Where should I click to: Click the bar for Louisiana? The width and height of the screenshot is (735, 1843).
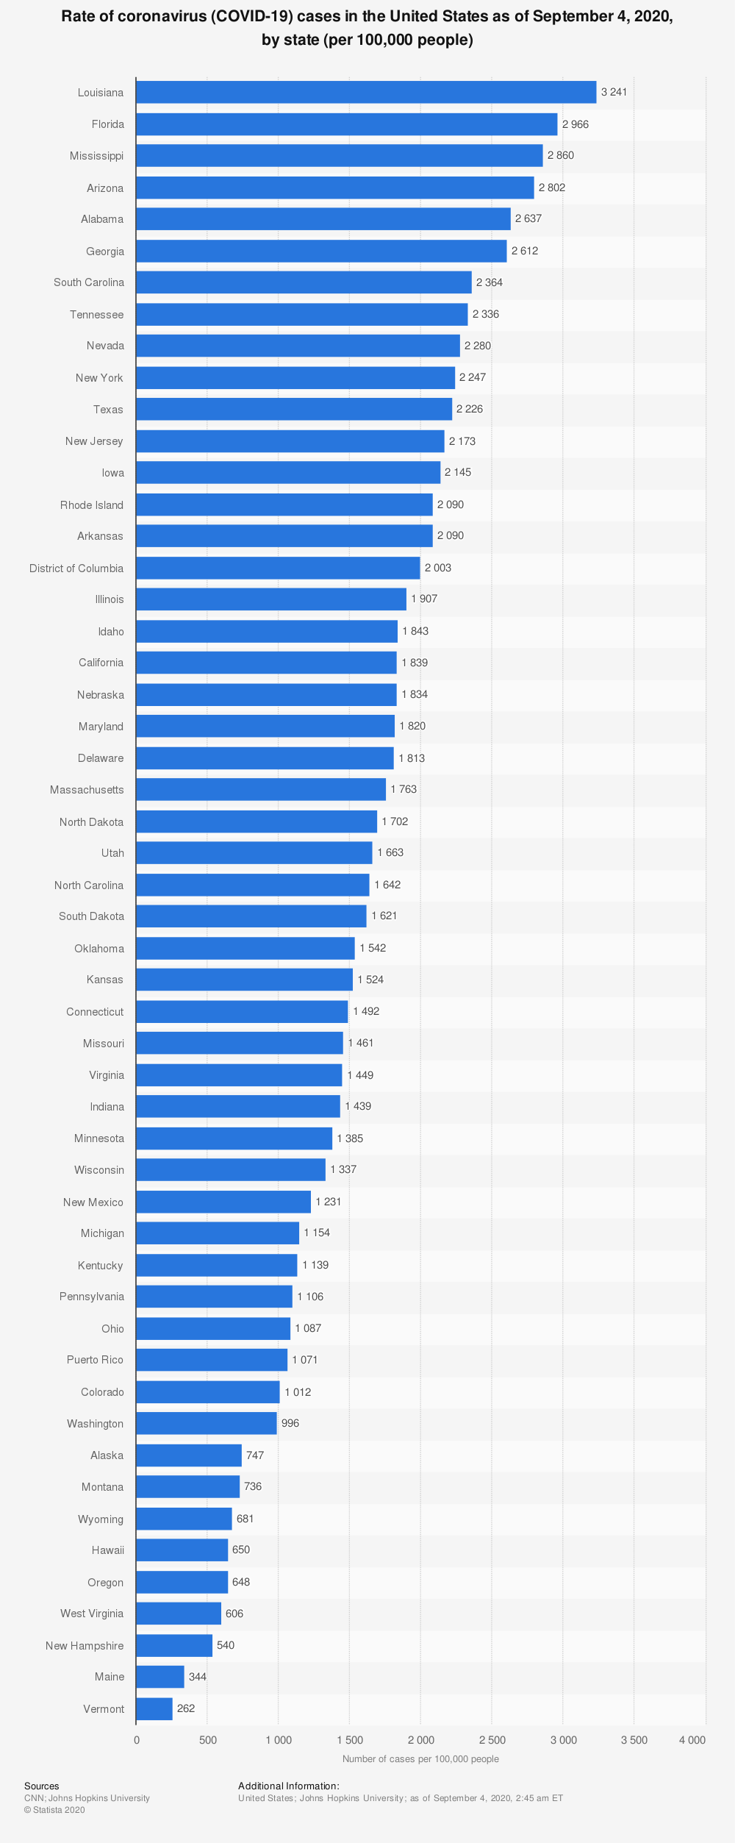[x=366, y=92]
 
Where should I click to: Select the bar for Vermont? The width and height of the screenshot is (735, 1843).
[x=154, y=1708]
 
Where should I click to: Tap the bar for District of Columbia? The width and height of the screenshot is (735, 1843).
[x=278, y=568]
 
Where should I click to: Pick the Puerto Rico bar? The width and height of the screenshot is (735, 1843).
[x=212, y=1360]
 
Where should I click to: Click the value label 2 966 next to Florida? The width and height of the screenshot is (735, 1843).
[x=576, y=124]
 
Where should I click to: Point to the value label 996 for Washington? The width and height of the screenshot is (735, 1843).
[x=290, y=1423]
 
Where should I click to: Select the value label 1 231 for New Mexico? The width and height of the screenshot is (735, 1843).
[x=329, y=1202]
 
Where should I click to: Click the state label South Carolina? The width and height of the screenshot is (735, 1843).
[x=89, y=282]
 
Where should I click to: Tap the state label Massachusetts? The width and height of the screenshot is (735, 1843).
[x=87, y=790]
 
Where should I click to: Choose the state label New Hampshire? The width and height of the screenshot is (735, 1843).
[x=85, y=1645]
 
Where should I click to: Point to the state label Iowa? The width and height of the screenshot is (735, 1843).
[x=113, y=473]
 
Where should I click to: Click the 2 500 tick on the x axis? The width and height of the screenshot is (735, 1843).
[x=492, y=1740]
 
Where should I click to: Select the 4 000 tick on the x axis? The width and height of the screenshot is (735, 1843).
[x=692, y=1740]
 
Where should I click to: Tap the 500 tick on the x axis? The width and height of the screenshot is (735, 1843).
[x=208, y=1740]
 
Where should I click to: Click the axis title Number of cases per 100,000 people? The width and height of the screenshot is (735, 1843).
[x=420, y=1759]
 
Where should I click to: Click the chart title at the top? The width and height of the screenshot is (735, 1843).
[x=367, y=28]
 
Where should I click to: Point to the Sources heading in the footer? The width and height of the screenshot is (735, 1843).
[x=42, y=1786]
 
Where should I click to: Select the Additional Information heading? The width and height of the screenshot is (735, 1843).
[x=289, y=1786]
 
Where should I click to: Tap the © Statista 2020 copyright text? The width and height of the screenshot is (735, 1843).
[x=54, y=1810]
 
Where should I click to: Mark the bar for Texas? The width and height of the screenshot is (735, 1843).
[x=294, y=409]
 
